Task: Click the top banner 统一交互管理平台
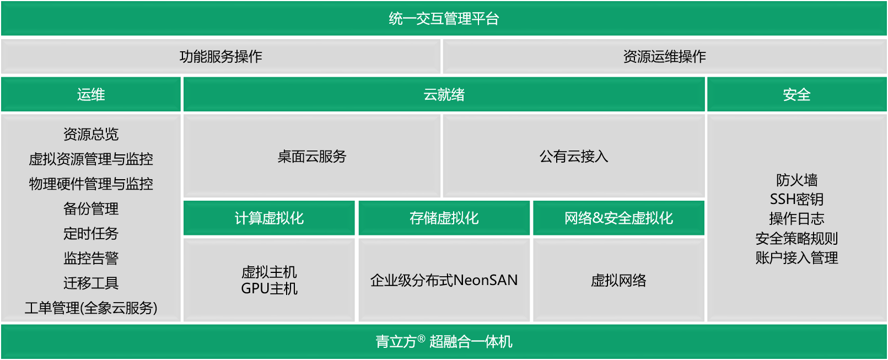[x=444, y=19]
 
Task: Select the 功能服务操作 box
[x=220, y=56]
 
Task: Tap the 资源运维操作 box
[x=664, y=56]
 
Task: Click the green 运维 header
[x=91, y=95]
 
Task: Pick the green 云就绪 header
[x=444, y=95]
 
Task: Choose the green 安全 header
[x=796, y=95]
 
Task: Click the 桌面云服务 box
[x=312, y=157]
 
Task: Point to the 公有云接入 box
[x=573, y=157]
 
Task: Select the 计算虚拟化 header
[x=269, y=218]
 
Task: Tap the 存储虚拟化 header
[x=444, y=218]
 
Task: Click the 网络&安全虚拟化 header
[x=618, y=218]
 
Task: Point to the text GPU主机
[x=269, y=289]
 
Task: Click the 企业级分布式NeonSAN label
[x=444, y=281]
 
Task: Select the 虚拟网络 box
[x=618, y=281]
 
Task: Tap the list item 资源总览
[x=91, y=134]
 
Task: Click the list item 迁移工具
[x=91, y=283]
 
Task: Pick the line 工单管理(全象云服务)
[x=91, y=308]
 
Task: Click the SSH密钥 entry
[x=796, y=199]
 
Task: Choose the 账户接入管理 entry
[x=796, y=257]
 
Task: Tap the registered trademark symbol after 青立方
[x=421, y=338]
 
